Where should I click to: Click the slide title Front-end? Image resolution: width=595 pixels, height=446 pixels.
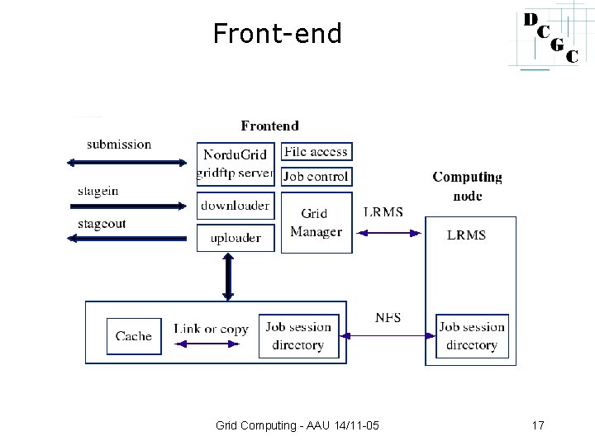(x=277, y=34)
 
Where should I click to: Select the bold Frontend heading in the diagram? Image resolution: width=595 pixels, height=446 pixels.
(x=270, y=126)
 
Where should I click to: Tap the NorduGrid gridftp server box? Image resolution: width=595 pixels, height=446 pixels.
(x=235, y=164)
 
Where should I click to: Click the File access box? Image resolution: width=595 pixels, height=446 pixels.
(x=317, y=152)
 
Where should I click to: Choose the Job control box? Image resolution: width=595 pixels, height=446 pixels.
(x=317, y=176)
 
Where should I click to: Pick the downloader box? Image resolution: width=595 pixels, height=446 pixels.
(x=235, y=206)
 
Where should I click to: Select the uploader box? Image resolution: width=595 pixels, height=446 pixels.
(x=235, y=238)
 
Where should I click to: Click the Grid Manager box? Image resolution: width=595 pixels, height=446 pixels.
(x=316, y=223)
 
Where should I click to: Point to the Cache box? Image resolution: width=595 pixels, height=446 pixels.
(x=134, y=335)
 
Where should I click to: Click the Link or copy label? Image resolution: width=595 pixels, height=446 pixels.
(x=211, y=329)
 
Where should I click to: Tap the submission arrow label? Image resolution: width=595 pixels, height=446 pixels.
(x=119, y=145)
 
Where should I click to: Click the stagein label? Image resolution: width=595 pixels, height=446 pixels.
(x=98, y=191)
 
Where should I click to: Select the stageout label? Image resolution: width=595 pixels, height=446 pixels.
(x=102, y=224)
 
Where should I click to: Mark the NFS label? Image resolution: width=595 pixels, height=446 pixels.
(x=388, y=317)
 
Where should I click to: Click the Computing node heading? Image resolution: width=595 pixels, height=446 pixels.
(x=467, y=186)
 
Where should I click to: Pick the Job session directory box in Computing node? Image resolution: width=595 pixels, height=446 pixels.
(x=472, y=335)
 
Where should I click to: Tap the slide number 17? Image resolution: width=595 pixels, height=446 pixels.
(x=538, y=426)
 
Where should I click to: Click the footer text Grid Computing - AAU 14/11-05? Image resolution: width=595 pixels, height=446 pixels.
(x=297, y=426)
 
